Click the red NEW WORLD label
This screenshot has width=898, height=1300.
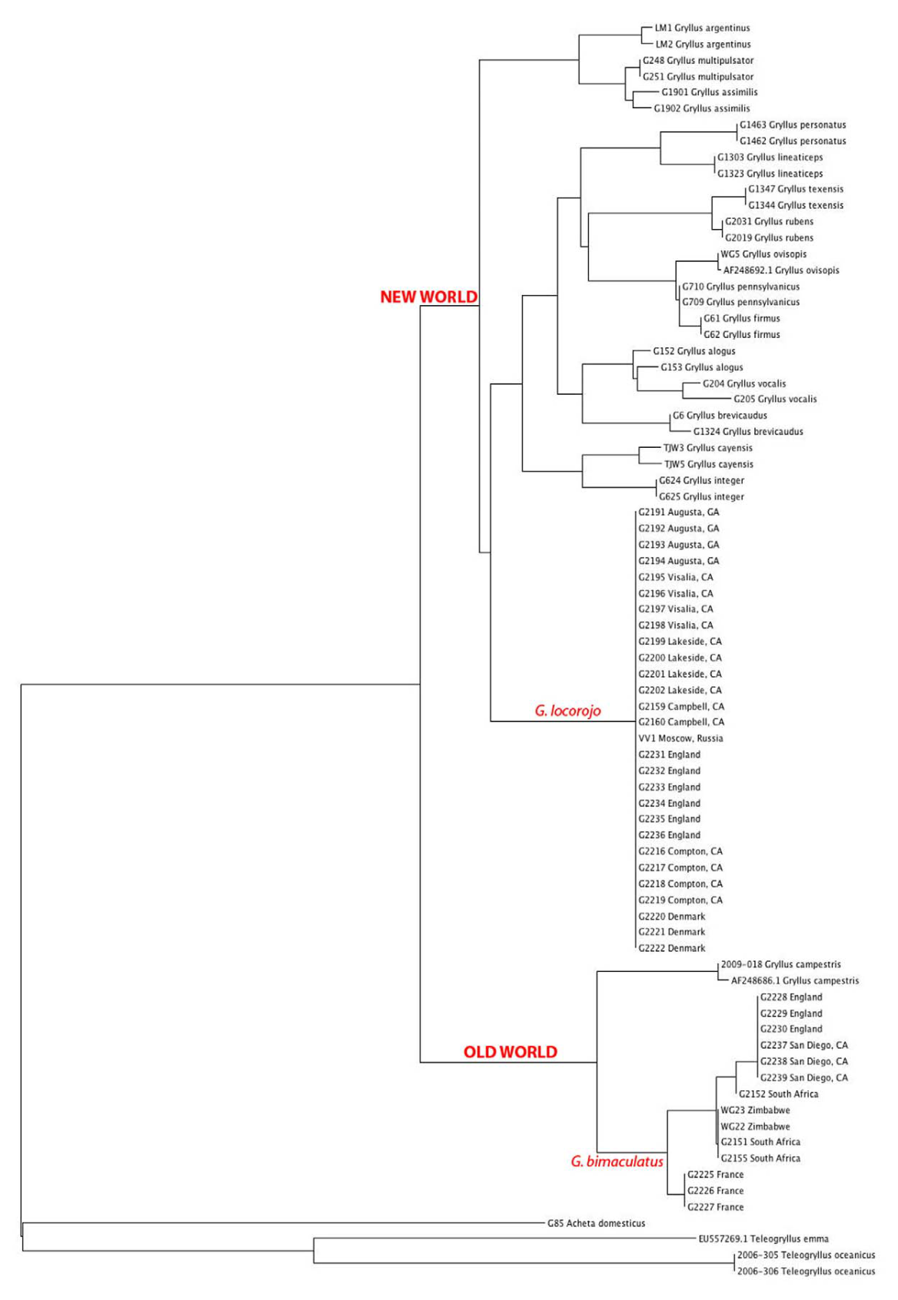428,297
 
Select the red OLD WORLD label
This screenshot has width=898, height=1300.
510,1052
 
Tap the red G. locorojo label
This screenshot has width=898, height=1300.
567,711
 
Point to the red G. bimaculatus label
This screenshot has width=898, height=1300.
617,1161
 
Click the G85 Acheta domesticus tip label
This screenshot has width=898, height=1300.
596,1222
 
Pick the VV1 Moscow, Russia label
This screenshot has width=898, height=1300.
680,738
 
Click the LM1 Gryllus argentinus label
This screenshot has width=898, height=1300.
702,28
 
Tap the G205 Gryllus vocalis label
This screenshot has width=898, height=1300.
774,400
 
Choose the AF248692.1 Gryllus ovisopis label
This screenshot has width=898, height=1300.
780,270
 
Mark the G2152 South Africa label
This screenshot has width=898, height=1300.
778,1094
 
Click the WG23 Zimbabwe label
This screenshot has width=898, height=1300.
754,1110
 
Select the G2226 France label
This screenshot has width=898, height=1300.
715,1191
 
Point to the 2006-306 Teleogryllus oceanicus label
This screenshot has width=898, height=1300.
806,1271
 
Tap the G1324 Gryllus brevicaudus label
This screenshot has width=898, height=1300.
747,432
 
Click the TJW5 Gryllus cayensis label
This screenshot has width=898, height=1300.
708,464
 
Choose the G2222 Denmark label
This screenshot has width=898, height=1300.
671,948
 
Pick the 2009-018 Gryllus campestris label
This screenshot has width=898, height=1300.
780,964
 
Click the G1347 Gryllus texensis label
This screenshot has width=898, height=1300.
795,189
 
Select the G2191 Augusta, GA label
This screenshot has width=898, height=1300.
678,512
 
